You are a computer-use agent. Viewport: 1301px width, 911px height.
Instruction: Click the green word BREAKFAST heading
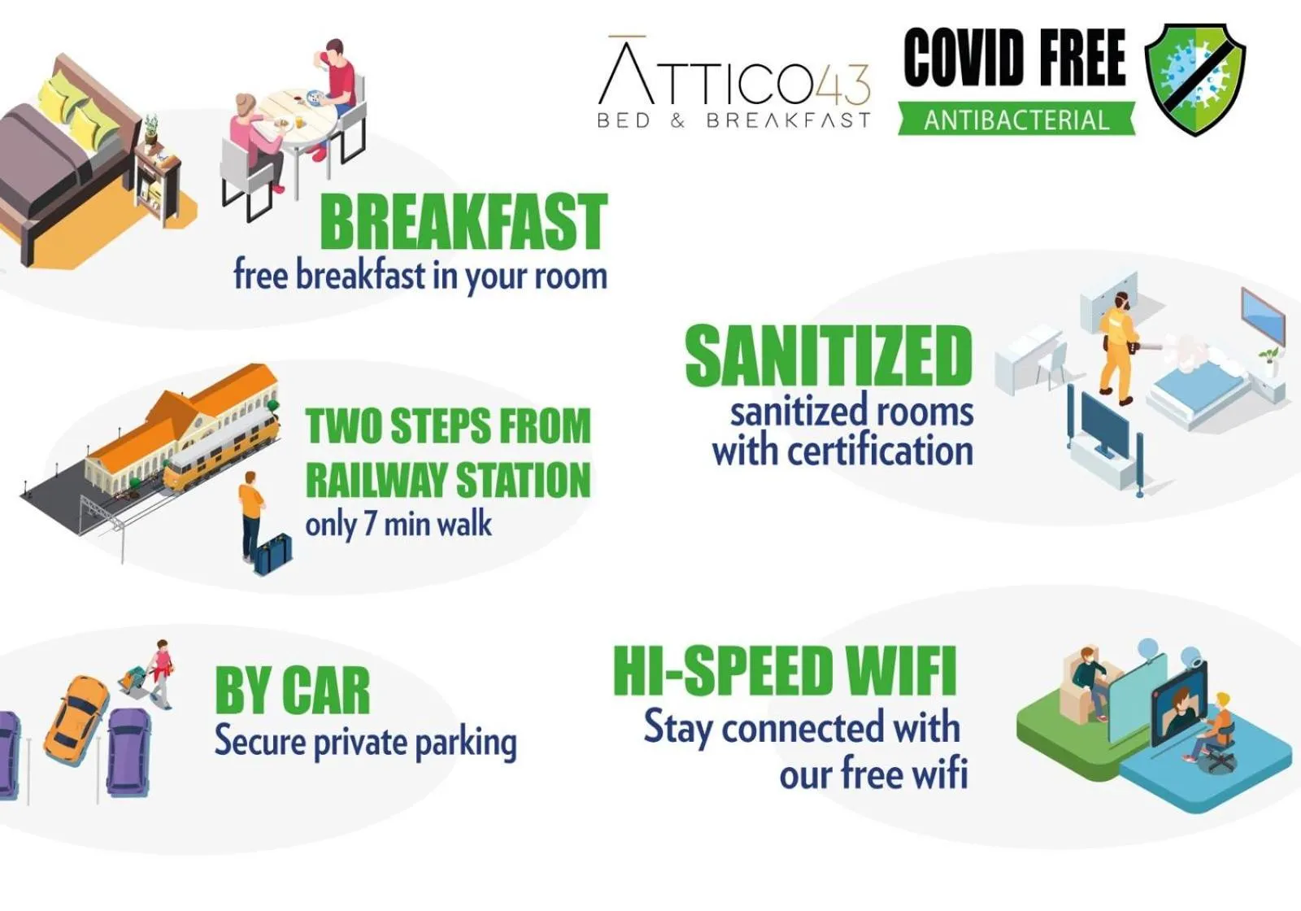tap(463, 221)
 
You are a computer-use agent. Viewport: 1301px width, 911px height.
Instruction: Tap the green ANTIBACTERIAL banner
tap(1016, 120)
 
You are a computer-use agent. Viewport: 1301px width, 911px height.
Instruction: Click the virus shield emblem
tap(1194, 79)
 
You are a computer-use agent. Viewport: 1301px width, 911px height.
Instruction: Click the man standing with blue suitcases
tap(251, 512)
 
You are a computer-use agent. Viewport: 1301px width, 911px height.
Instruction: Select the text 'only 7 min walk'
tap(398, 524)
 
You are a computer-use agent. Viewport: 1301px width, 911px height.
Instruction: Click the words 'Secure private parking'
tap(365, 742)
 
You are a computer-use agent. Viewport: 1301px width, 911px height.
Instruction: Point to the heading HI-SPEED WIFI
tap(784, 671)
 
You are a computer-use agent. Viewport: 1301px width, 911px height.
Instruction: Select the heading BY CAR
tap(292, 691)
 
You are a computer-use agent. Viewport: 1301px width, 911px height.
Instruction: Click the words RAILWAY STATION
tap(448, 479)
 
